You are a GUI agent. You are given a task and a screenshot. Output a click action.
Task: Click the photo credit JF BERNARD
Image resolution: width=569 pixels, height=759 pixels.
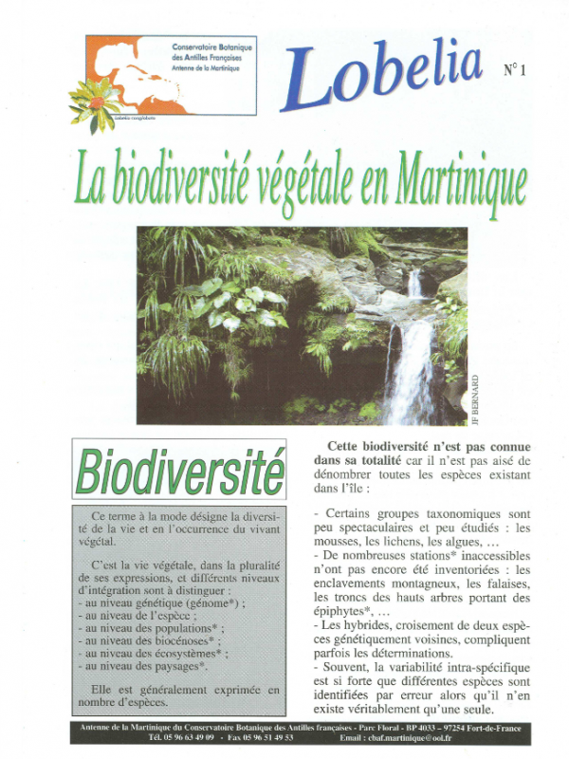[x=475, y=399]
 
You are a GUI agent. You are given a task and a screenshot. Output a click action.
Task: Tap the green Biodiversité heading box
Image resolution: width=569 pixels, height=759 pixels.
[x=179, y=470]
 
